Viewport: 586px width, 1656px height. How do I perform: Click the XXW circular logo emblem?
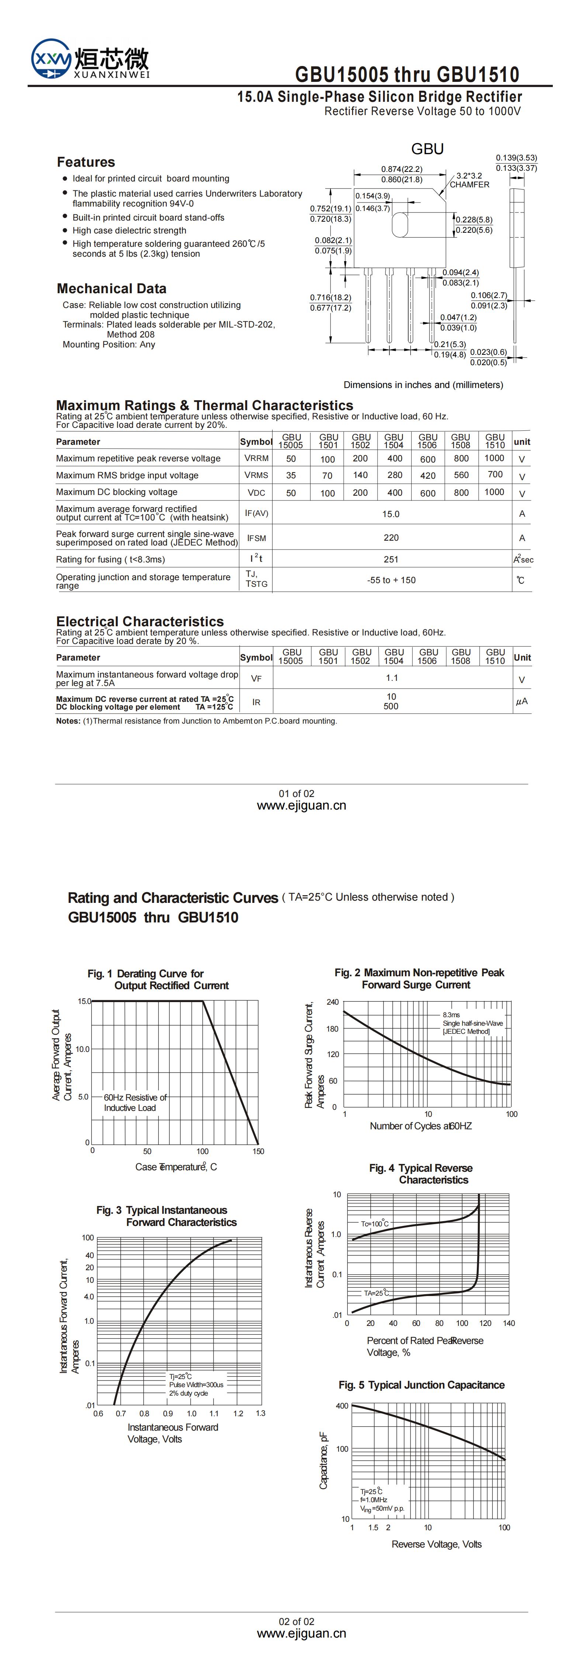[51, 59]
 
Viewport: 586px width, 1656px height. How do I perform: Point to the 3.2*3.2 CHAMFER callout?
[469, 180]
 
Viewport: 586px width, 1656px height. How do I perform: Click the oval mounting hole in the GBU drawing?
[400, 224]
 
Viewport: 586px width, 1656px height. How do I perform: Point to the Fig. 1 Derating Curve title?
[159, 980]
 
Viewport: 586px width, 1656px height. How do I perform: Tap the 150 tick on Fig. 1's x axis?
[258, 1151]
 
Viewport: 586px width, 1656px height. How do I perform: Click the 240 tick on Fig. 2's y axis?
[332, 1002]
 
